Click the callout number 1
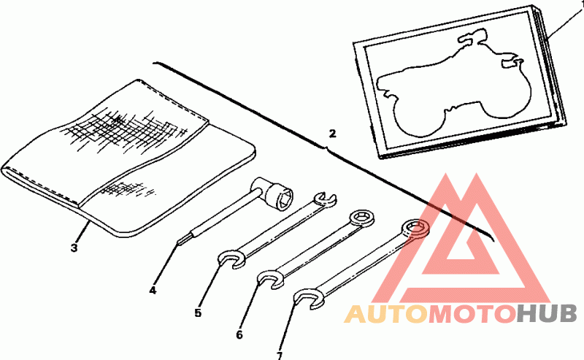[x=580, y=4]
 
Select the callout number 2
[x=333, y=134]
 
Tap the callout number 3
[x=74, y=248]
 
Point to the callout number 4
[x=153, y=290]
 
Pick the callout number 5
[x=198, y=313]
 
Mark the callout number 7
[x=279, y=356]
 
